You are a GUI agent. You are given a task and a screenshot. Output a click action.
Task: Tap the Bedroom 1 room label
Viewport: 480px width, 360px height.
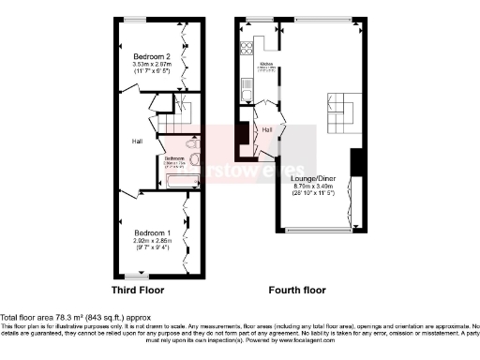tap(151, 232)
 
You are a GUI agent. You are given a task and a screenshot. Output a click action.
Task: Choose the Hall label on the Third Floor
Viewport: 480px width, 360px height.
tap(137, 142)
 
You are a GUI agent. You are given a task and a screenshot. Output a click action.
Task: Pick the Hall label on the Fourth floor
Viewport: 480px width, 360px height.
tap(266, 129)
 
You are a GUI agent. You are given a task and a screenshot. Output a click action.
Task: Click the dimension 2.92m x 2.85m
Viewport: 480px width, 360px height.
tap(151, 240)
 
